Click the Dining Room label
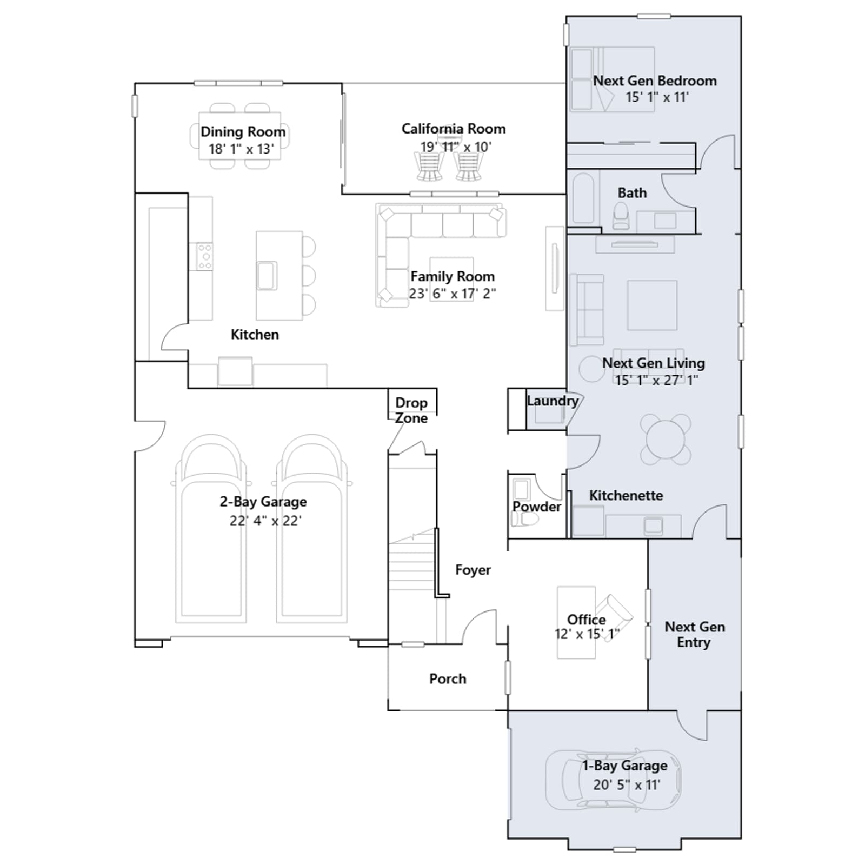(x=243, y=132)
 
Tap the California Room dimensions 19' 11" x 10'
(x=456, y=147)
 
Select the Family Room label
(x=453, y=276)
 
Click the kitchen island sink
(x=267, y=275)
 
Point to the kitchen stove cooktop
(x=204, y=256)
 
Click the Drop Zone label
(x=411, y=410)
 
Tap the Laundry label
(x=553, y=401)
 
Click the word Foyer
(x=473, y=570)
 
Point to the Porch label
(x=448, y=678)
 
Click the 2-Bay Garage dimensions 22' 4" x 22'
(x=265, y=521)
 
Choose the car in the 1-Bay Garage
(x=613, y=780)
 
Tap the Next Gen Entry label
(x=695, y=634)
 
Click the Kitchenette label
(x=626, y=495)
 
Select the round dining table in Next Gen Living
(x=666, y=439)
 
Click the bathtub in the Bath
(x=583, y=198)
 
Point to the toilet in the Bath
(x=621, y=216)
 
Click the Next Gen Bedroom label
(x=655, y=81)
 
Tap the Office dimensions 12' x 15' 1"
(x=587, y=634)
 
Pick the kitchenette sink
(x=653, y=525)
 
